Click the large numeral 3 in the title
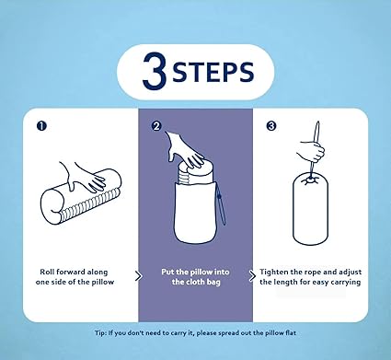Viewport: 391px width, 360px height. pyautogui.click(x=155, y=70)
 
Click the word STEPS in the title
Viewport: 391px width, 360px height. pyautogui.click(x=213, y=72)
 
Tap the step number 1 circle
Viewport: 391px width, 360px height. pyautogui.click(x=41, y=126)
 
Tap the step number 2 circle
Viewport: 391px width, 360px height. pyautogui.click(x=156, y=126)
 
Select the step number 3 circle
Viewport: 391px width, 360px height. pyautogui.click(x=271, y=126)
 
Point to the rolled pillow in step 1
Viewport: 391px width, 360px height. pyautogui.click(x=81, y=198)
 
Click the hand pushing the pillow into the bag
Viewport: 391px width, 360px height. pyautogui.click(x=184, y=150)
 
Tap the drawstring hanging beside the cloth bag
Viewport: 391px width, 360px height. pyautogui.click(x=222, y=205)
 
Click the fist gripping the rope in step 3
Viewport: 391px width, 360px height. pyautogui.click(x=310, y=151)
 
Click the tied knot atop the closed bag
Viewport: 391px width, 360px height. pyautogui.click(x=310, y=180)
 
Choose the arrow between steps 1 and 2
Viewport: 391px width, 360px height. pyautogui.click(x=139, y=276)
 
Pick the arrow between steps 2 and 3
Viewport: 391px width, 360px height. pyautogui.click(x=252, y=276)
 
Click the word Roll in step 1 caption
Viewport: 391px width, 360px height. pyautogui.click(x=47, y=272)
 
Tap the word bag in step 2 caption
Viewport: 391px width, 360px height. pyautogui.click(x=213, y=282)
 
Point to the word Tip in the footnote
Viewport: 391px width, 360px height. pyautogui.click(x=99, y=333)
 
